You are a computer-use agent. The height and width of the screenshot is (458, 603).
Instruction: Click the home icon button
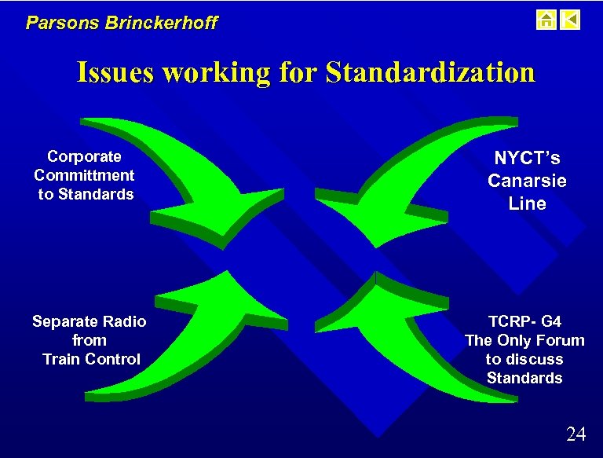tap(546, 19)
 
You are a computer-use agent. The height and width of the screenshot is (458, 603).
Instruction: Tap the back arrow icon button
tap(571, 19)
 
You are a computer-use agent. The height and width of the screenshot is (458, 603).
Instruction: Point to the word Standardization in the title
tap(429, 72)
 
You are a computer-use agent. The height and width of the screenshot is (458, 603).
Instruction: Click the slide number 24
tap(576, 434)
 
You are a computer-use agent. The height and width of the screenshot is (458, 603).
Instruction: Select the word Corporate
tap(84, 156)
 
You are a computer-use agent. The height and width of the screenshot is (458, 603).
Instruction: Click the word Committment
tap(84, 175)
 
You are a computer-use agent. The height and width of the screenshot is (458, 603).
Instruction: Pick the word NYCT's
tap(527, 159)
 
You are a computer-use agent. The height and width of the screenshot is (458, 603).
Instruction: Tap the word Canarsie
tap(527, 181)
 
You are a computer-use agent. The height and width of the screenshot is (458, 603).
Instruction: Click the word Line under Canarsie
tap(527, 203)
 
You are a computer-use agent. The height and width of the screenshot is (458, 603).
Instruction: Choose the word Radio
tap(123, 321)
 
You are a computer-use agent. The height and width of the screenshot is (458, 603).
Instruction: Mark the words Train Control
tap(91, 359)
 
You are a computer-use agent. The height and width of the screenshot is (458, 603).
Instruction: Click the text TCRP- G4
tap(524, 321)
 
